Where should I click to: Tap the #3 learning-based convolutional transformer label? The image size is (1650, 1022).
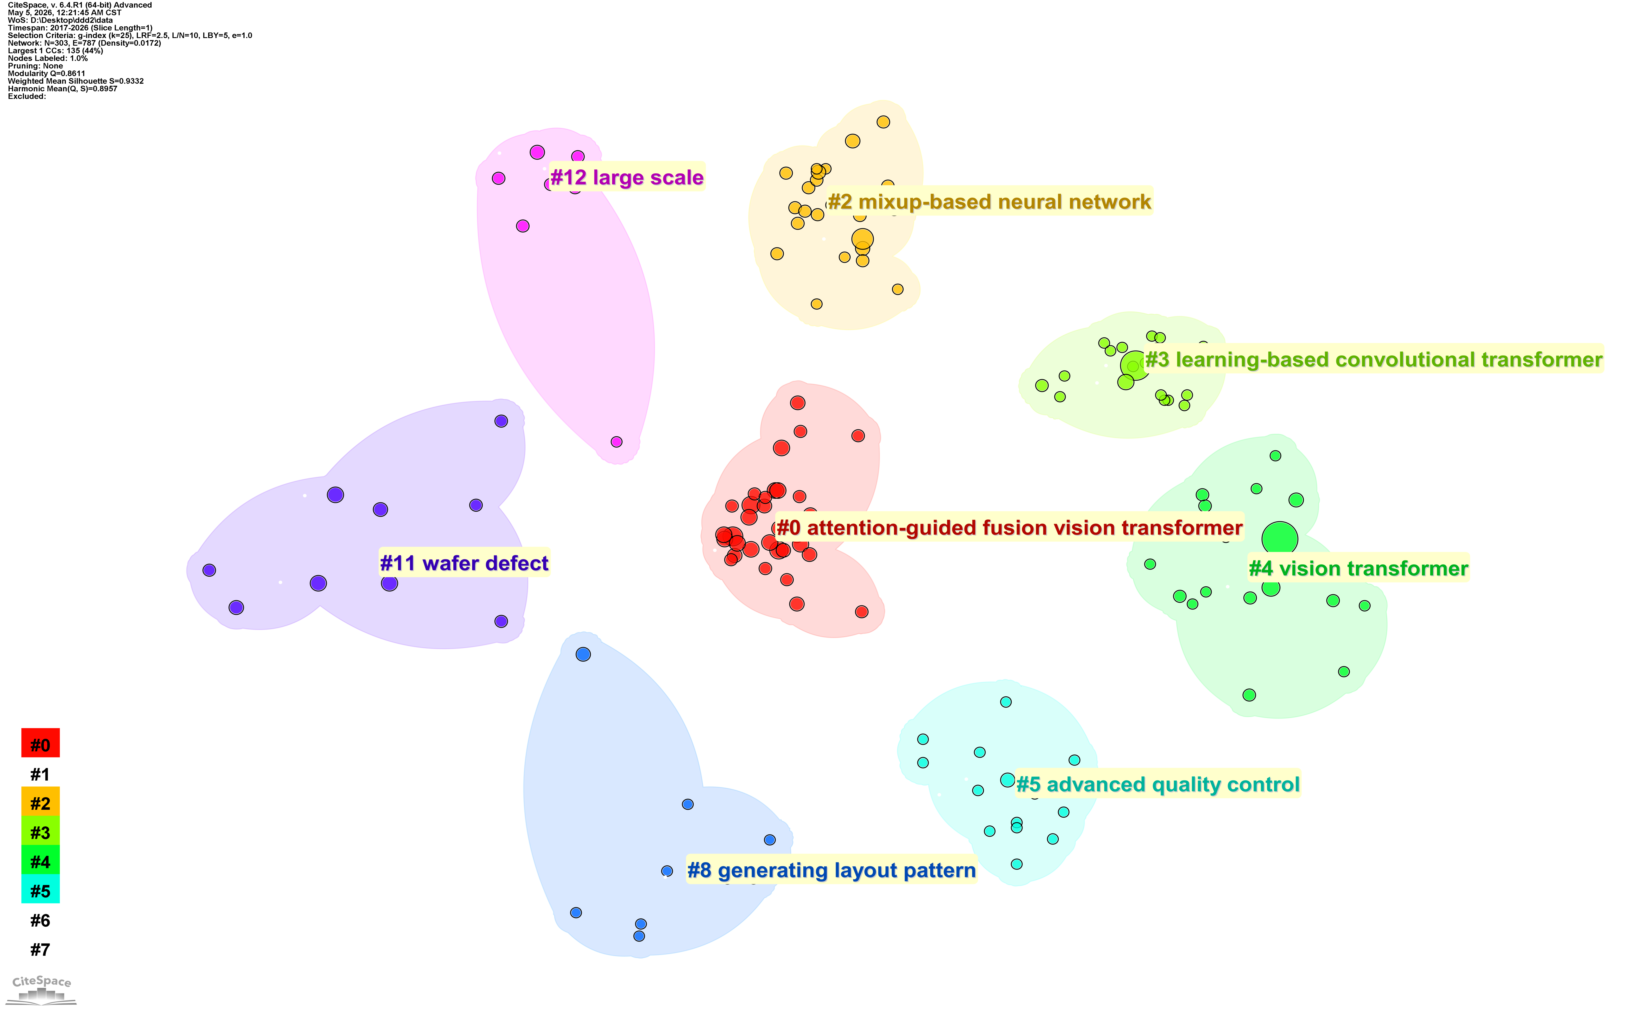tap(1373, 359)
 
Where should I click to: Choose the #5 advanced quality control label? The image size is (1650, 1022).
tap(1158, 784)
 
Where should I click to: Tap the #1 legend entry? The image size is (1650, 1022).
tap(40, 774)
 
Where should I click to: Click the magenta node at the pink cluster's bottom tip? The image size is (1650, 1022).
tap(616, 441)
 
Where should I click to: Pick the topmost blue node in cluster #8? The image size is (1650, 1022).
tap(583, 654)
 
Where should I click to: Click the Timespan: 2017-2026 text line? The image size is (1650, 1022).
tap(80, 28)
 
